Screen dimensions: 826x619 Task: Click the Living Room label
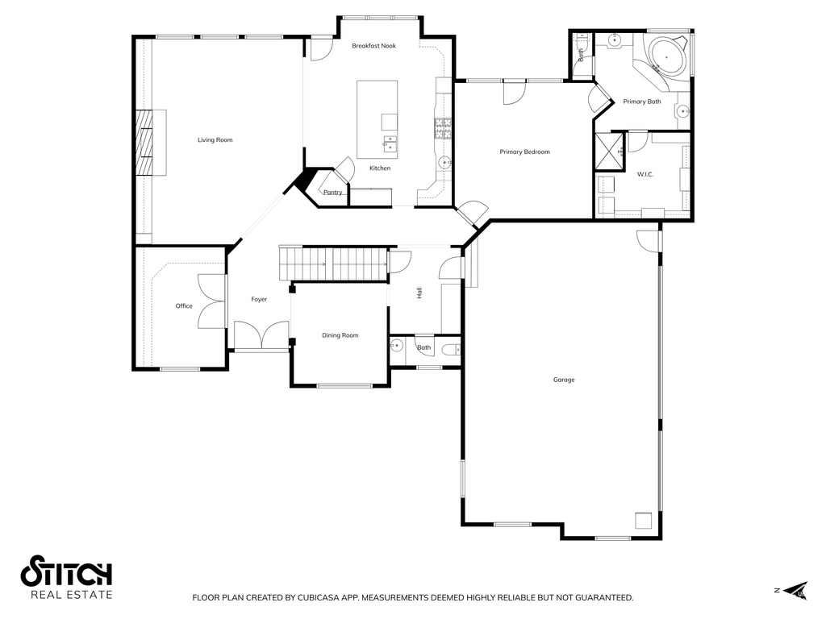(x=215, y=140)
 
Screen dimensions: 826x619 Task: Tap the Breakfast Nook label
(x=374, y=46)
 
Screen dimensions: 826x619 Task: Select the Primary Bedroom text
(x=524, y=152)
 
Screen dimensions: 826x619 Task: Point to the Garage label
(x=564, y=380)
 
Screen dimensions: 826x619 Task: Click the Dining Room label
(x=340, y=335)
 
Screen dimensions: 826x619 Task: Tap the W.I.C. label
(x=645, y=174)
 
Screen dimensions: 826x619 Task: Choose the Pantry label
(x=333, y=192)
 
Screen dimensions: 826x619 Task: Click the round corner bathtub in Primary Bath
(x=667, y=56)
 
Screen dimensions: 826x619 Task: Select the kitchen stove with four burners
(x=443, y=128)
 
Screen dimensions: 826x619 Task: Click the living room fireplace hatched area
(x=144, y=143)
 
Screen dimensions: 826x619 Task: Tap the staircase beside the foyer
(x=333, y=264)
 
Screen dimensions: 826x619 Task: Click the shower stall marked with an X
(x=610, y=152)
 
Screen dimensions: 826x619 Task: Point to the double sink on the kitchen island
(x=390, y=143)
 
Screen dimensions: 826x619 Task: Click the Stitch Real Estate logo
(x=66, y=577)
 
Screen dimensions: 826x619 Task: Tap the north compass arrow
(x=795, y=591)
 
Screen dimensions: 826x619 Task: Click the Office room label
(x=184, y=305)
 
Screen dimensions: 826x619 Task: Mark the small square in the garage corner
(x=644, y=521)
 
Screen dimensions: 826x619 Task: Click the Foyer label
(x=259, y=300)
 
